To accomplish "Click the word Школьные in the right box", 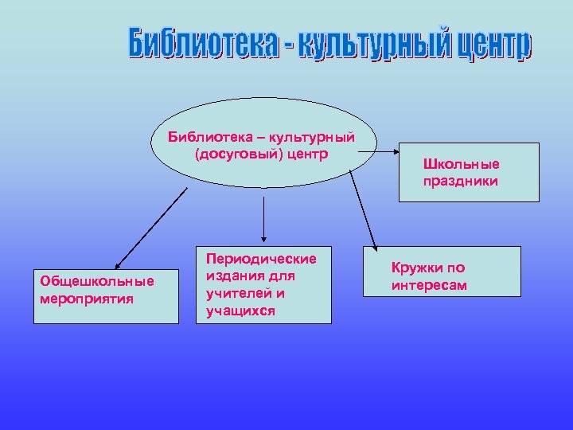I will click(x=462, y=164).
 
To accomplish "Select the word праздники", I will click(x=461, y=181).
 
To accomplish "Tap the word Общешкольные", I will click(x=96, y=283).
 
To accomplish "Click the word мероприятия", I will click(x=86, y=299).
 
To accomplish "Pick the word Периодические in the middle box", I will click(x=261, y=259).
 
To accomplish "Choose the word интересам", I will click(x=429, y=285).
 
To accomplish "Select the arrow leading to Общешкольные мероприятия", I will click(x=151, y=227).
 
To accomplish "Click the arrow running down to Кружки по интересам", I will click(x=363, y=211).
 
